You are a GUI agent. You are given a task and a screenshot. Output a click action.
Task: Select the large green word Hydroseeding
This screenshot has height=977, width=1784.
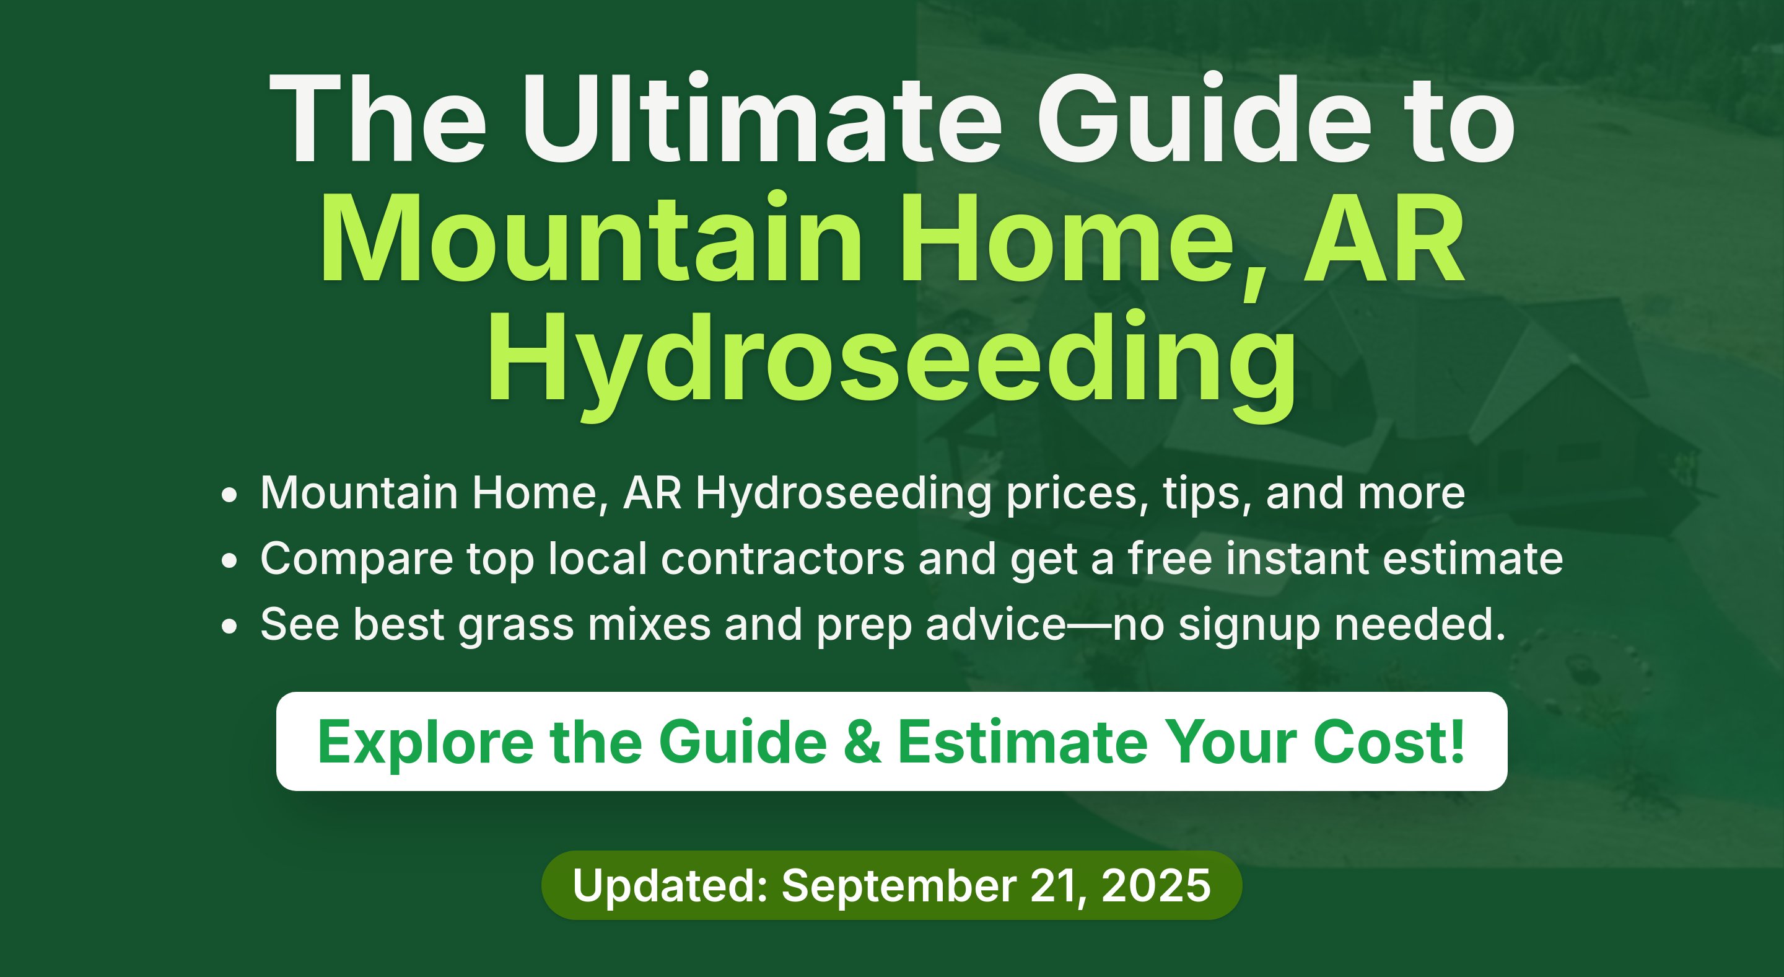pyautogui.click(x=891, y=364)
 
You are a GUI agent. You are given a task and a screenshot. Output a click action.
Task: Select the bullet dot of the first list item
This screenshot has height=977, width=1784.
pyautogui.click(x=229, y=495)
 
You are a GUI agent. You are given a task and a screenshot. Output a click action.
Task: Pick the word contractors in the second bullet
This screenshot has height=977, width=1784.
pyautogui.click(x=782, y=559)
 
